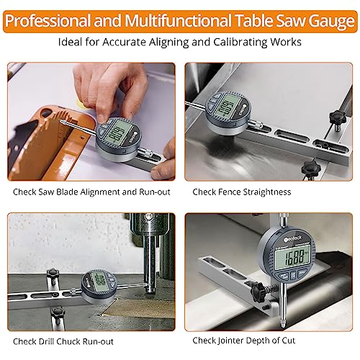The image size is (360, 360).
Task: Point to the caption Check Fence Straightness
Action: click(241, 192)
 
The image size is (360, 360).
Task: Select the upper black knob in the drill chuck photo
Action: click(52, 274)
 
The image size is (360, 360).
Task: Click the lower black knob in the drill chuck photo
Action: click(57, 312)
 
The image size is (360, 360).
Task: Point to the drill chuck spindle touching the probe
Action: click(149, 266)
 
